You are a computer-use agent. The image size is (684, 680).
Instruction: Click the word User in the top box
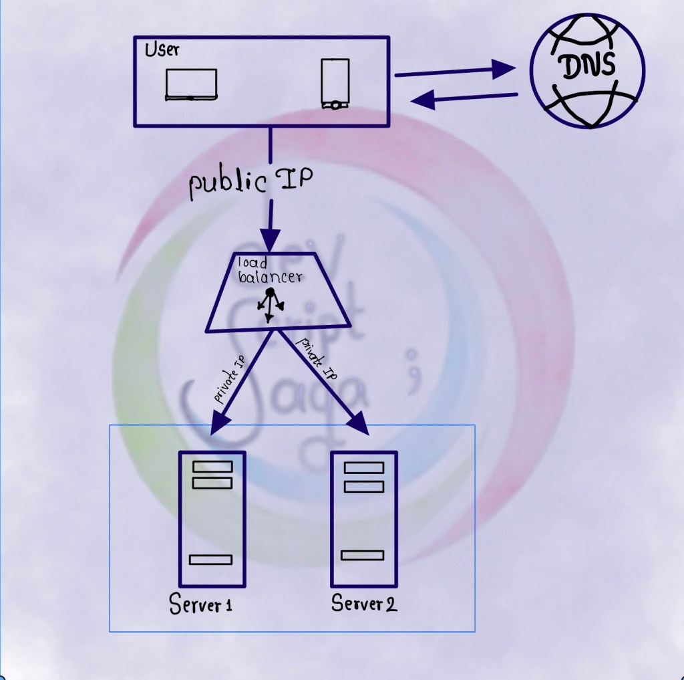pyautogui.click(x=162, y=51)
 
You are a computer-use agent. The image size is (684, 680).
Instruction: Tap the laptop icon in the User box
pyautogui.click(x=191, y=84)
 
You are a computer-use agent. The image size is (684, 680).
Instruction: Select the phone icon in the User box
pyautogui.click(x=335, y=84)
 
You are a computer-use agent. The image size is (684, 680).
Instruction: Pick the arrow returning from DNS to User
pyautogui.click(x=464, y=99)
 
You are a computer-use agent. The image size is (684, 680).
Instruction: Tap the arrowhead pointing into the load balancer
pyautogui.click(x=270, y=238)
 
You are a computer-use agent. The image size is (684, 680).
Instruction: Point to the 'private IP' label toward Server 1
pyautogui.click(x=227, y=381)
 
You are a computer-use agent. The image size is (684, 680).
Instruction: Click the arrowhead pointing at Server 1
pyautogui.click(x=220, y=423)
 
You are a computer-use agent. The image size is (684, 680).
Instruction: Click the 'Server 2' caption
pyautogui.click(x=364, y=603)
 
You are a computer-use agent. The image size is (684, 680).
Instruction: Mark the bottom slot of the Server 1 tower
pyautogui.click(x=210, y=560)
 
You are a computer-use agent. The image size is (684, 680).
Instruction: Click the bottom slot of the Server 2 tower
pyautogui.click(x=362, y=555)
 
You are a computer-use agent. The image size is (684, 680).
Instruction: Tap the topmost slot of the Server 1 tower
pyautogui.click(x=212, y=467)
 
